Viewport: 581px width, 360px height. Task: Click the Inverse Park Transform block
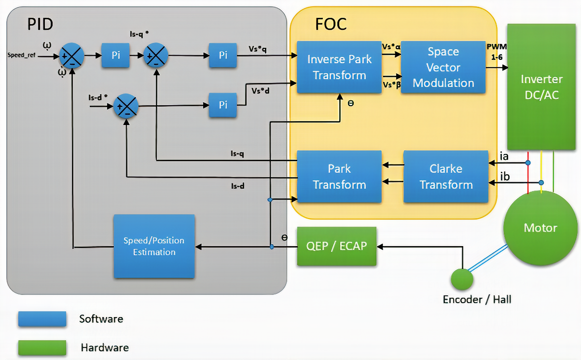pos(339,67)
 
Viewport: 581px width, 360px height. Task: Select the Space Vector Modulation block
pos(443,67)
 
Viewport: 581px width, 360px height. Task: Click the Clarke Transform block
pos(446,176)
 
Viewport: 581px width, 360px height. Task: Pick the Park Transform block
pos(339,176)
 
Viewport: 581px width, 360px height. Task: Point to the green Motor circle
pos(540,228)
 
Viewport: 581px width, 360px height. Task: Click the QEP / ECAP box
pos(336,246)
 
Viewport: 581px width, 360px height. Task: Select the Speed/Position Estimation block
pos(154,246)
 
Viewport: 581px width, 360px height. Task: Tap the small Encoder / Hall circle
pos(462,279)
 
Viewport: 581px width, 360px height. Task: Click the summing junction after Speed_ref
pos(72,56)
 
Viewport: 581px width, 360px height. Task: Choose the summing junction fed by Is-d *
pos(126,106)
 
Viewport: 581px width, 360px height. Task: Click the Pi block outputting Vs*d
pos(222,105)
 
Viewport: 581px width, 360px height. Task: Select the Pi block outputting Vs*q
pos(222,55)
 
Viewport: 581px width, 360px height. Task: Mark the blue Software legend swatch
pos(42,319)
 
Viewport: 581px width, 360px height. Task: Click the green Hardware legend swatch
pos(42,347)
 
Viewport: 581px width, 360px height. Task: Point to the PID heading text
pos(40,24)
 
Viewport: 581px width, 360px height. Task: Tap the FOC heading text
pos(331,24)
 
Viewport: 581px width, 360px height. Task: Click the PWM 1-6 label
pos(497,51)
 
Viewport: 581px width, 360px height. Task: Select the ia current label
pos(504,156)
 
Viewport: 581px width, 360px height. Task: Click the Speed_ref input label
pos(22,55)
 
